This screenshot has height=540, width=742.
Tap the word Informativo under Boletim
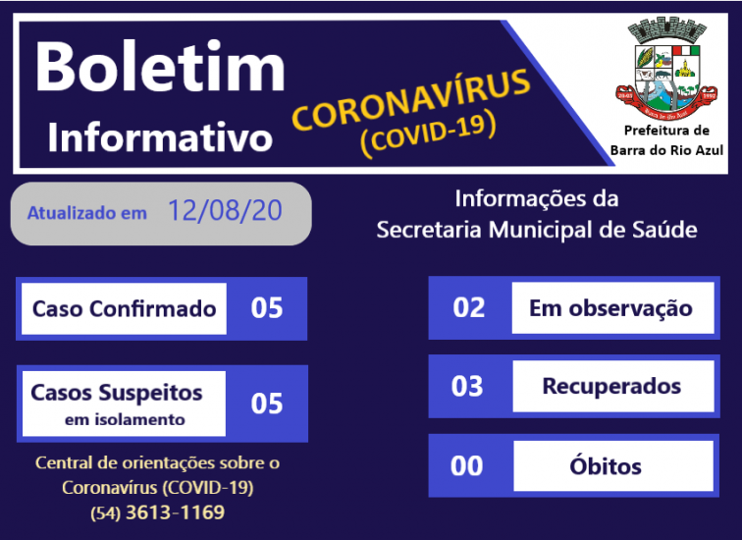(x=160, y=136)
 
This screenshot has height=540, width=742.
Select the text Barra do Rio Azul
(x=666, y=149)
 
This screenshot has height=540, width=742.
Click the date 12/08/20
(x=225, y=211)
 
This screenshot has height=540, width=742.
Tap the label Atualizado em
(x=87, y=212)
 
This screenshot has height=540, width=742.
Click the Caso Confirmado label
(x=124, y=308)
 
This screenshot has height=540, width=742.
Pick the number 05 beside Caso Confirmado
(x=267, y=308)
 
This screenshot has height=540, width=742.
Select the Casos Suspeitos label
(x=117, y=393)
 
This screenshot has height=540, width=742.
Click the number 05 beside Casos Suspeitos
(x=267, y=404)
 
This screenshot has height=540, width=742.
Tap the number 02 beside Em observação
(x=469, y=307)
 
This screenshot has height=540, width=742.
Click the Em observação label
(x=610, y=308)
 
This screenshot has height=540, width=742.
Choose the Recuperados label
(x=611, y=385)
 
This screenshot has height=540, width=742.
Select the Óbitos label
(x=605, y=465)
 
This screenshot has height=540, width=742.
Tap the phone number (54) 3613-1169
(x=157, y=513)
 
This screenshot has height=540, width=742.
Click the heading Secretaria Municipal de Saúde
(x=536, y=231)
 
